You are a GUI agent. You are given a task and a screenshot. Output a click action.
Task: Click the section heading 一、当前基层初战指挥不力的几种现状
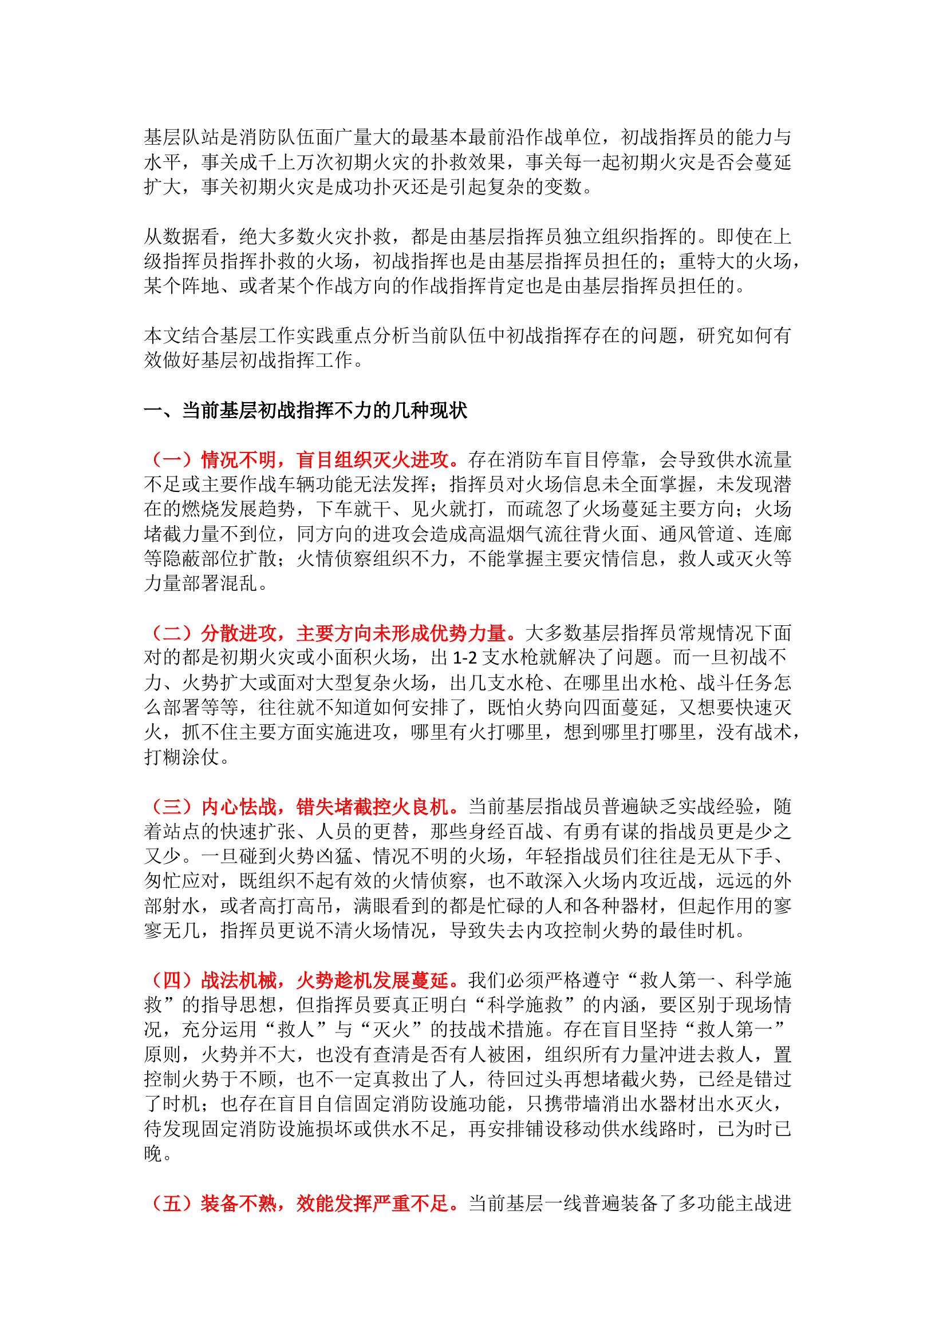coord(306,411)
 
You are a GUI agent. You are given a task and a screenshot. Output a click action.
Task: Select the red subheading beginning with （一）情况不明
coord(306,460)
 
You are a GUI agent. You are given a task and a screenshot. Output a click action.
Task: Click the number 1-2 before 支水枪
coord(465,658)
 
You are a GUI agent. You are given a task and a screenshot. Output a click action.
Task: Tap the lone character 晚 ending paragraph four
coord(153,1153)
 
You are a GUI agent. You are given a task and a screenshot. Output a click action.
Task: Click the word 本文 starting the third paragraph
coord(163,336)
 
